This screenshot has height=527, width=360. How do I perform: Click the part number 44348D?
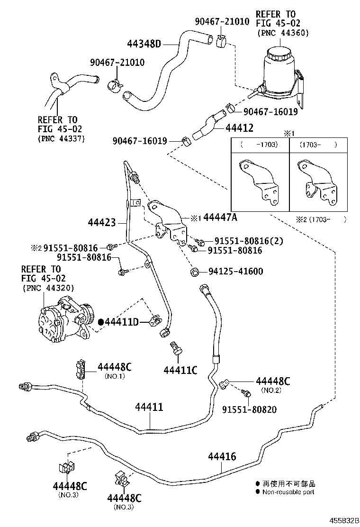(x=144, y=45)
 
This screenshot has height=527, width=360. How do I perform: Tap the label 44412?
(x=240, y=127)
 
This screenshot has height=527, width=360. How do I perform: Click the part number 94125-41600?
(x=235, y=272)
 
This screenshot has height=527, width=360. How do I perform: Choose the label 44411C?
(x=180, y=370)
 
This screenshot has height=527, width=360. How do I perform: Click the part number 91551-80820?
(x=250, y=409)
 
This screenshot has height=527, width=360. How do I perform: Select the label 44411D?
(x=121, y=322)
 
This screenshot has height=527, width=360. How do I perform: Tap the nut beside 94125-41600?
(x=194, y=272)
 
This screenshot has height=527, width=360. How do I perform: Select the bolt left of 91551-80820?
(x=246, y=393)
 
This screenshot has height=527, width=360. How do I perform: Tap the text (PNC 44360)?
(x=283, y=33)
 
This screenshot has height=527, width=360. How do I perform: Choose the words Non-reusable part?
(x=288, y=492)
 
